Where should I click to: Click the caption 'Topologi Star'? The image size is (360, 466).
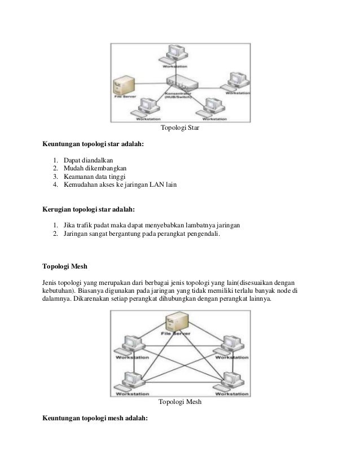click(180, 129)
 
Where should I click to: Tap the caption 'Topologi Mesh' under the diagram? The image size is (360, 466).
click(180, 403)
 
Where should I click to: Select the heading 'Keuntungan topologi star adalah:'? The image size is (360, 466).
click(93, 144)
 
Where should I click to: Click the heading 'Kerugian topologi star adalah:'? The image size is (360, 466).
click(89, 209)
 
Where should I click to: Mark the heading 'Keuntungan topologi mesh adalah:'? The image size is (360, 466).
click(95, 419)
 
